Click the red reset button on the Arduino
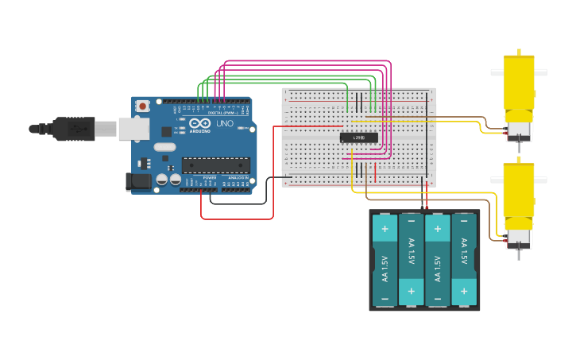click(142, 106)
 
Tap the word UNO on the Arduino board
click(224, 123)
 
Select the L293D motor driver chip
click(358, 137)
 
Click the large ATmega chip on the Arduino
click(215, 165)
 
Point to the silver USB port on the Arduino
click(133, 128)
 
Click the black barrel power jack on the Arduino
click(138, 181)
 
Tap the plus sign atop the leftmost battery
click(385, 229)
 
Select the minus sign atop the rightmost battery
click(464, 229)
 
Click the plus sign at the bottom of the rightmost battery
click(464, 292)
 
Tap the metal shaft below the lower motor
click(519, 254)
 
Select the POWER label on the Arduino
click(209, 177)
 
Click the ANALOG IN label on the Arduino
click(238, 177)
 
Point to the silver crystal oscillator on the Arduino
click(164, 147)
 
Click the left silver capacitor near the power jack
click(162, 180)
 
